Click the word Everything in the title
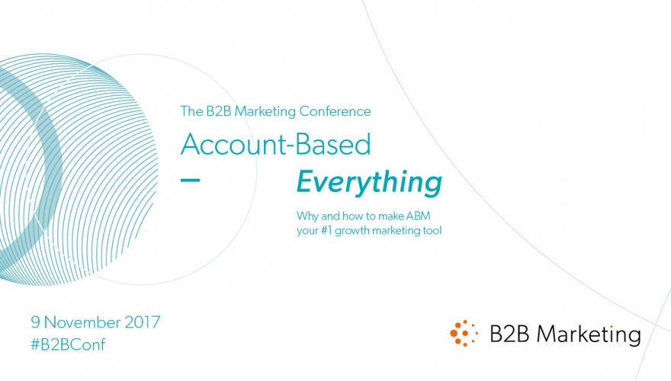click(369, 183)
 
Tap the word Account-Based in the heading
click(275, 144)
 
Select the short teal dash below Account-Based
click(190, 180)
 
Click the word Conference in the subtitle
click(335, 111)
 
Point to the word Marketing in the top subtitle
click(265, 112)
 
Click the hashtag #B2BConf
click(68, 344)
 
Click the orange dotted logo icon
click(464, 333)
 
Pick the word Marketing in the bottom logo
click(589, 334)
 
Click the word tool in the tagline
click(432, 230)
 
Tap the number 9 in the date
click(36, 322)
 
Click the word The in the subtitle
click(191, 111)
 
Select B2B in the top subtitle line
click(218, 111)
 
